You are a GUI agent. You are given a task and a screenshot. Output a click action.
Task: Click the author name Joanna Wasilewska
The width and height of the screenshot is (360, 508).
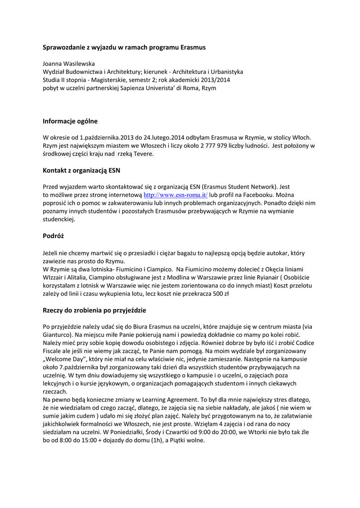click(69, 64)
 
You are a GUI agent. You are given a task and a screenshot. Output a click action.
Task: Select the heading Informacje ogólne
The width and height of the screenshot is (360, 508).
click(70, 121)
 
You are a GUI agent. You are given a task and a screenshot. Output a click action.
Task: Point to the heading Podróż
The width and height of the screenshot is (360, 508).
click(54, 236)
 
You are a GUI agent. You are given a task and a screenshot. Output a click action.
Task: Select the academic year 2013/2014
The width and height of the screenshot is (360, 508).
click(214, 80)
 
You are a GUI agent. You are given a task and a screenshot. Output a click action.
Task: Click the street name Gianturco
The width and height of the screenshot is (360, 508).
click(58, 334)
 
